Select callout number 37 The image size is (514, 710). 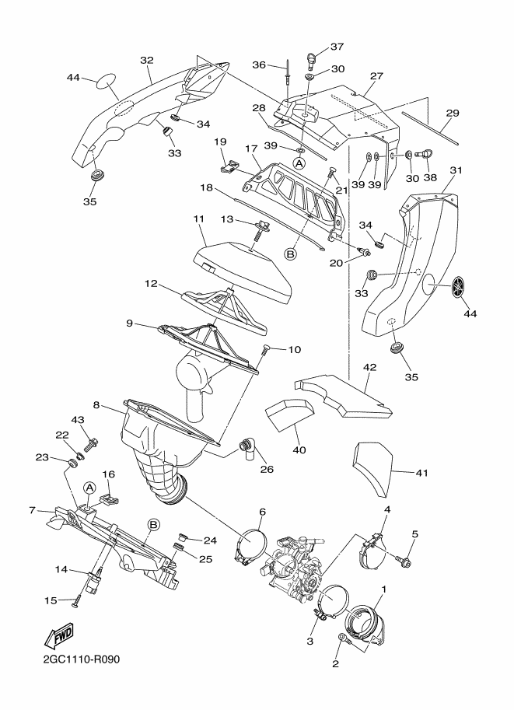click(337, 46)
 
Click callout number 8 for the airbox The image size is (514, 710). click(96, 404)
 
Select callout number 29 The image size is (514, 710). click(452, 113)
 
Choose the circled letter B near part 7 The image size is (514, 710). click(153, 525)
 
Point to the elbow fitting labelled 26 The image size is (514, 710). click(247, 447)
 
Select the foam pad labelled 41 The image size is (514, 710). click(373, 469)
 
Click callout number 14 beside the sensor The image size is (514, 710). click(60, 568)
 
